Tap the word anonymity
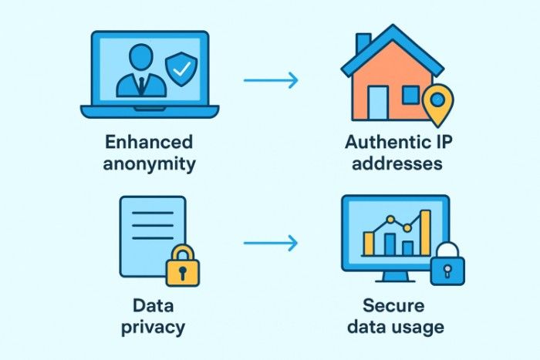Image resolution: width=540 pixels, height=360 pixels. tap(150, 164)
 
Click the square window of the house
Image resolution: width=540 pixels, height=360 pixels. tap(411, 96)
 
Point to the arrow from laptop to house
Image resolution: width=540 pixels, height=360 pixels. tap(270, 79)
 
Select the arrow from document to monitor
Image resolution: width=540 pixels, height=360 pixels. tap(270, 244)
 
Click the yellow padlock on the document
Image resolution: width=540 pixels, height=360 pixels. tap(183, 267)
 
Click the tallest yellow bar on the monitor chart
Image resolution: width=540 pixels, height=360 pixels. tap(425, 232)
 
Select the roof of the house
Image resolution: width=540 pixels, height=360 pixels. tap(393, 46)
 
